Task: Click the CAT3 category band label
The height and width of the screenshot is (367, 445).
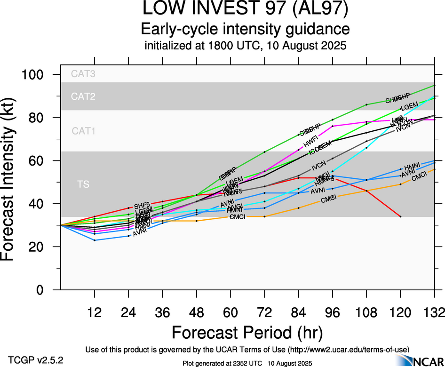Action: coord(83,73)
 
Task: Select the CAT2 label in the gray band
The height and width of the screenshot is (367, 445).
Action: coord(83,96)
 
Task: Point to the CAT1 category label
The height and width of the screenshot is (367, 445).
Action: coord(83,131)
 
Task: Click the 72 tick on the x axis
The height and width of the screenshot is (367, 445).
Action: coord(264,311)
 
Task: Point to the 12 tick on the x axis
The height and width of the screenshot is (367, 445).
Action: coord(95,311)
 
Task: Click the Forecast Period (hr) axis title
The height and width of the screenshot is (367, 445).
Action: coord(246,333)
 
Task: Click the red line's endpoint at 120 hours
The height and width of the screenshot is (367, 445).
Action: coord(400,216)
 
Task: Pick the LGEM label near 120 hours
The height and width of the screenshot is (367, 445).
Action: coord(408,104)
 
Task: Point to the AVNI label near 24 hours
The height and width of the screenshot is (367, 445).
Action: coord(141,233)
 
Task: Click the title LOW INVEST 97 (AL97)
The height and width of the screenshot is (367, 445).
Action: coord(246,9)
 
